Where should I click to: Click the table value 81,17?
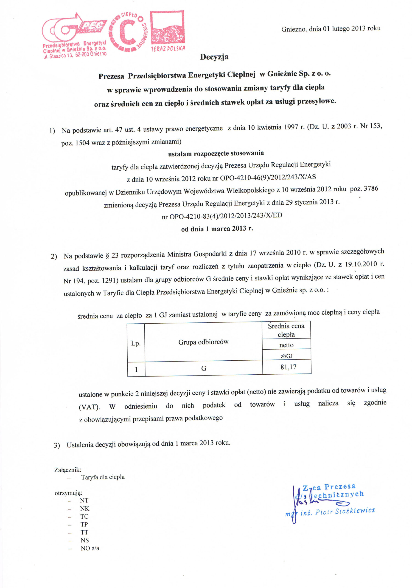pyautogui.click(x=288, y=367)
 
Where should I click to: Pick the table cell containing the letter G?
pyautogui.click(x=203, y=368)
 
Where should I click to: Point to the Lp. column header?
pyautogui.click(x=136, y=343)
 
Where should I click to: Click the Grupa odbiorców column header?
pyautogui.click(x=203, y=342)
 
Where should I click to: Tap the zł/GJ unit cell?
pyautogui.click(x=286, y=356)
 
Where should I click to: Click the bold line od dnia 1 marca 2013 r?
pyautogui.click(x=217, y=229)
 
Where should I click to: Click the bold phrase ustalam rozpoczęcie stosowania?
pyautogui.click(x=216, y=153)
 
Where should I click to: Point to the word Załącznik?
pyautogui.click(x=67, y=470)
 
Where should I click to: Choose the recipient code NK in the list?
pyautogui.click(x=84, y=508)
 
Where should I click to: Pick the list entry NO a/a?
pyautogui.click(x=90, y=548)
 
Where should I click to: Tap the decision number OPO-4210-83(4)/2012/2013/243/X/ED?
pyautogui.click(x=225, y=216)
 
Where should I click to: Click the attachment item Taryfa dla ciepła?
pyautogui.click(x=103, y=477)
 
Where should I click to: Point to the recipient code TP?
pyautogui.click(x=84, y=524)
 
